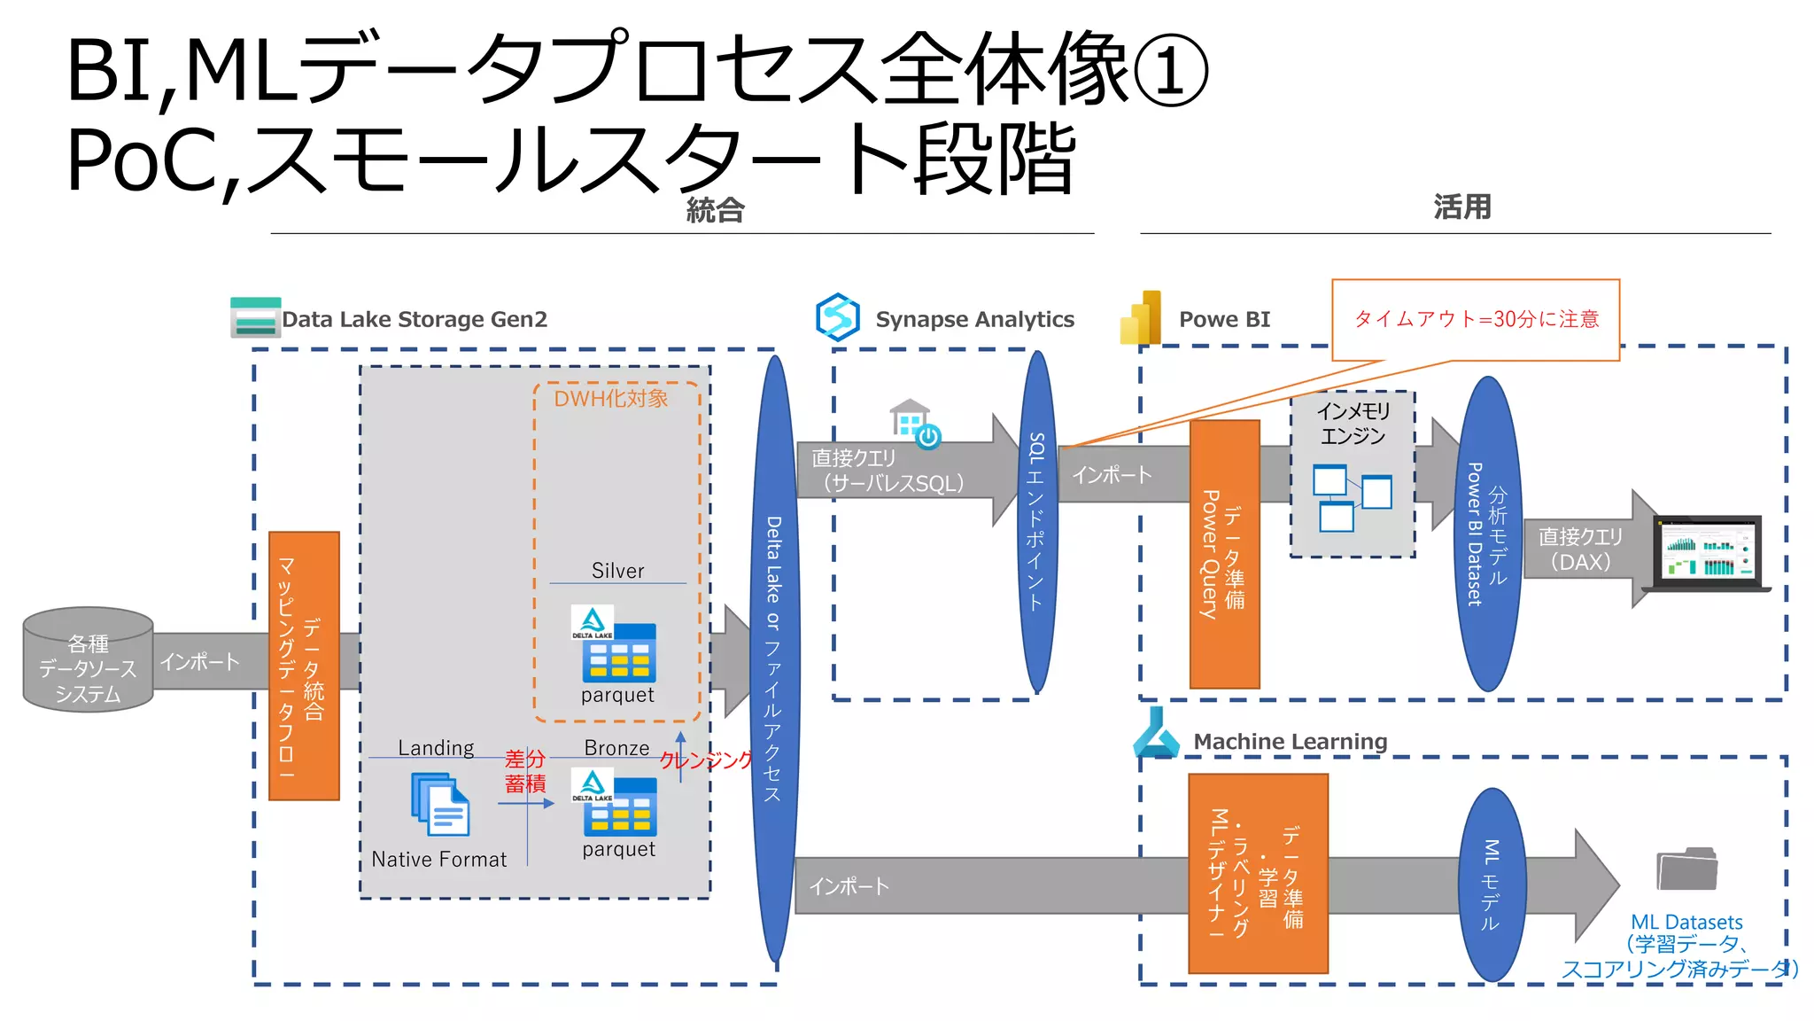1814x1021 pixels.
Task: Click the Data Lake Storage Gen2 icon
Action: point(255,318)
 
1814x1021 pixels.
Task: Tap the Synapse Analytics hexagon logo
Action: point(837,317)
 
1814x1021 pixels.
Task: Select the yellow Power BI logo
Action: point(1141,318)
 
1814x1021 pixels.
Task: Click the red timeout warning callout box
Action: point(1476,320)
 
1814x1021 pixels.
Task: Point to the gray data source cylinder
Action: point(88,660)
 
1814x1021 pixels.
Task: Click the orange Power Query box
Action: point(1224,554)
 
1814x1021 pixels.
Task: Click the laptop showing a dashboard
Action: point(1706,554)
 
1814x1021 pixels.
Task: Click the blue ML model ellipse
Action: point(1492,884)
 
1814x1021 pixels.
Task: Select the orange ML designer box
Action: point(1257,874)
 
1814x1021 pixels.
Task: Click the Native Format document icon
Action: point(440,805)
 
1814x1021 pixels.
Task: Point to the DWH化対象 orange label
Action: point(610,399)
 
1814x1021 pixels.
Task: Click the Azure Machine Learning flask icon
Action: point(1155,734)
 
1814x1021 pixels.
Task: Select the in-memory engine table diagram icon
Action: point(1352,497)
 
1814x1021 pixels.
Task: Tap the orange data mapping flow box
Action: point(304,666)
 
